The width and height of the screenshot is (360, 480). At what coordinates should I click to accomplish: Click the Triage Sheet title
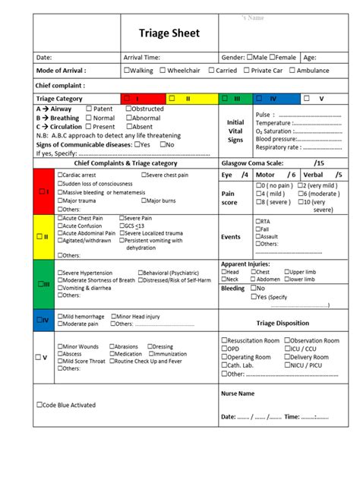169,33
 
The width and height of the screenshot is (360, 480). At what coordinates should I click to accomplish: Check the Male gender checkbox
250,58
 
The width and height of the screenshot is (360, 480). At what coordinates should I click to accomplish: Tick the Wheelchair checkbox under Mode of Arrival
163,71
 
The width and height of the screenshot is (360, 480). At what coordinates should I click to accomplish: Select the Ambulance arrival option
292,71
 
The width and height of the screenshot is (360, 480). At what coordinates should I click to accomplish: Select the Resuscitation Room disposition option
223,341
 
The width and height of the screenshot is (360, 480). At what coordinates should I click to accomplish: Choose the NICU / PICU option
288,365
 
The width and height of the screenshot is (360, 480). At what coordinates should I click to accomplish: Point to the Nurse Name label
237,394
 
